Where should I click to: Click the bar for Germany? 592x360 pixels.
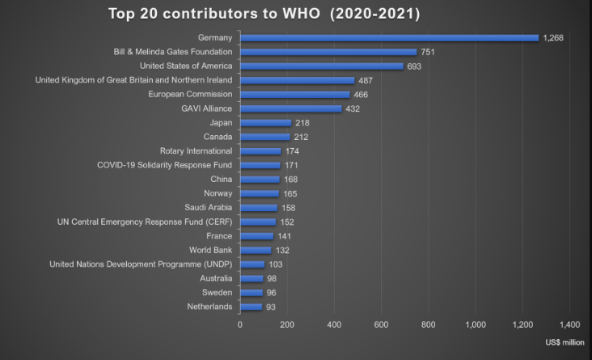tap(389, 38)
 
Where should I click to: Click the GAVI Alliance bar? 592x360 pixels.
tap(290, 108)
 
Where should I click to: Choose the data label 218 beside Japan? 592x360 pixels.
tap(302, 123)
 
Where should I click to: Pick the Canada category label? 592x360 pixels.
tap(218, 137)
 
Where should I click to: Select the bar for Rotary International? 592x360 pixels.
tap(260, 151)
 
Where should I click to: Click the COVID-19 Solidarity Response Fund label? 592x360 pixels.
tap(165, 165)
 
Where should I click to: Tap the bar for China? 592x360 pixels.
tap(260, 180)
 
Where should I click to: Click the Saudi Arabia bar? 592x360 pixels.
tap(259, 208)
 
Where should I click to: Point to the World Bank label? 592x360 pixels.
tap(211, 250)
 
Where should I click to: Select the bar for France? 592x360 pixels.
tap(256, 236)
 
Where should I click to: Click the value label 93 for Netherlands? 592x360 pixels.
tap(272, 307)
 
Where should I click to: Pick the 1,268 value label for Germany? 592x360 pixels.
tap(553, 38)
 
